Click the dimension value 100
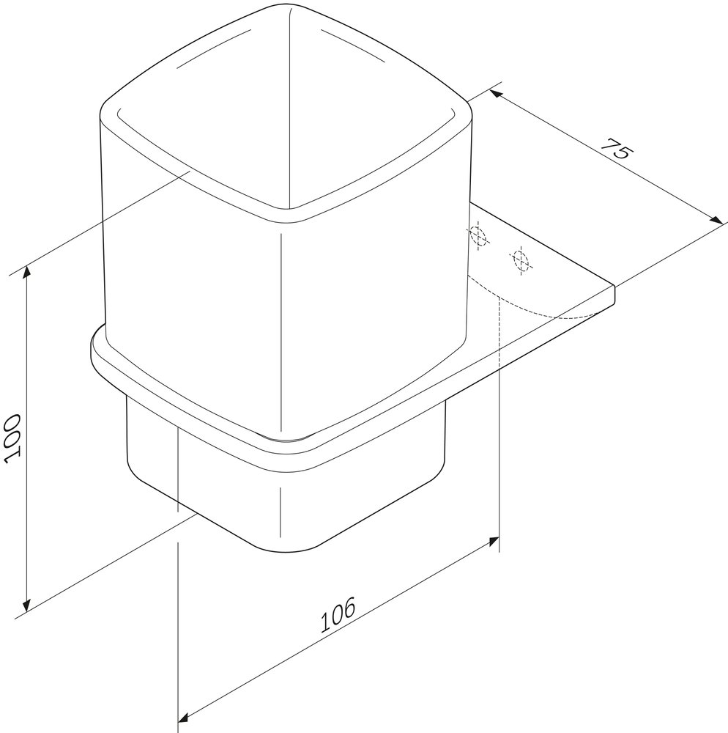click(12, 438)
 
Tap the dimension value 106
click(338, 614)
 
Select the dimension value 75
click(617, 148)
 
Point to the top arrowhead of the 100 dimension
click(27, 271)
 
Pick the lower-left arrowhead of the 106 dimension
click(184, 718)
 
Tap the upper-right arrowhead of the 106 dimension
click(494, 541)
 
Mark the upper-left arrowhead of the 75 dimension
click(495, 94)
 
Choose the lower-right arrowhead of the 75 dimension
click(716, 220)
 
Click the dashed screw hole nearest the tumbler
click(478, 235)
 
